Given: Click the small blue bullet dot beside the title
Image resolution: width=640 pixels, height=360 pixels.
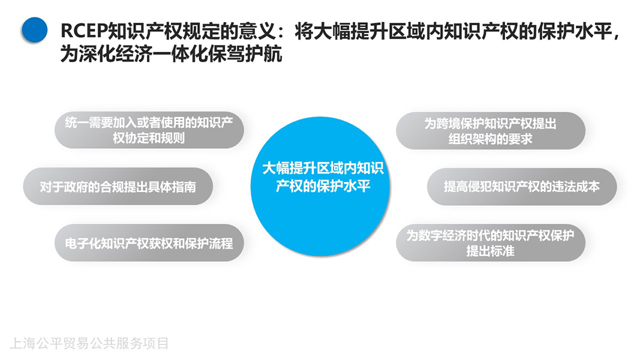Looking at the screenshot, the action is click(35, 29).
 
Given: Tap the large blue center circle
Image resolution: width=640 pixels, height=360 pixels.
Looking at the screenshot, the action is click(320, 186).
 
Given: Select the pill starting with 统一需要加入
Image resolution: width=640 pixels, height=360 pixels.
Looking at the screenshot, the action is click(149, 130).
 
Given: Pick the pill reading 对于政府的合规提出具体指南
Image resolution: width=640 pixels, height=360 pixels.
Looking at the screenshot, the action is click(118, 186).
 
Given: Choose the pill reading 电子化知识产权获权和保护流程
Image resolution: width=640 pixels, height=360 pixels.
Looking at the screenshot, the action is click(149, 243).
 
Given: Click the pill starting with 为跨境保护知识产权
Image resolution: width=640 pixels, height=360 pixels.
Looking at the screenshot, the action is click(491, 131).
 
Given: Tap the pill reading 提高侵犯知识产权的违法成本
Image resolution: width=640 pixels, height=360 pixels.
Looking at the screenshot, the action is click(522, 187).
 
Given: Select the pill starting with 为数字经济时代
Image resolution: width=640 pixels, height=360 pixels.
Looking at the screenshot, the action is click(491, 243).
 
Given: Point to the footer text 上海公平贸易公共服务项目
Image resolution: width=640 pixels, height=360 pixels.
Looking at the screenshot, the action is click(89, 343).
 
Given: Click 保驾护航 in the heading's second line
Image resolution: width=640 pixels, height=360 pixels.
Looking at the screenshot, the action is click(245, 53).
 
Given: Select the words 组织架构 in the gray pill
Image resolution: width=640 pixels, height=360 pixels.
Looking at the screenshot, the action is click(473, 139).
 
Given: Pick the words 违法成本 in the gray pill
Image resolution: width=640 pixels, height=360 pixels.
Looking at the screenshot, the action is click(576, 187).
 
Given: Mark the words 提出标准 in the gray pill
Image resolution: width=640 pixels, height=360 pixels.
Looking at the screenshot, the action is click(491, 251).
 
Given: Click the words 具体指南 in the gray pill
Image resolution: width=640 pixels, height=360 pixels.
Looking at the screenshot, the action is click(172, 187).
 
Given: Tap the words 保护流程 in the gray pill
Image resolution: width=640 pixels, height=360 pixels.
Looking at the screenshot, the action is click(209, 243).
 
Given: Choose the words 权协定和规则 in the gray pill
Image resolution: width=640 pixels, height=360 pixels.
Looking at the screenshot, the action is click(149, 138).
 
